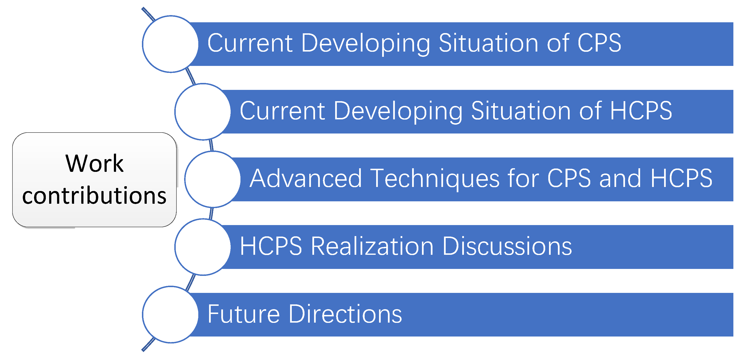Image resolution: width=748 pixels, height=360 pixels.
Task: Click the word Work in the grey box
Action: pyautogui.click(x=94, y=163)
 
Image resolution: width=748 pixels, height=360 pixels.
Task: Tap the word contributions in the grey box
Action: pyautogui.click(x=94, y=195)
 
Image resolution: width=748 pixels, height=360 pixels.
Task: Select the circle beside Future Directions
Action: pyautogui.click(x=170, y=314)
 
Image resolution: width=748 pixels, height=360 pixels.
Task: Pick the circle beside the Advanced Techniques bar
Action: pyautogui.click(x=213, y=179)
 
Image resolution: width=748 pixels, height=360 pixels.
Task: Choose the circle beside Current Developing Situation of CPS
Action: pyautogui.click(x=170, y=44)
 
